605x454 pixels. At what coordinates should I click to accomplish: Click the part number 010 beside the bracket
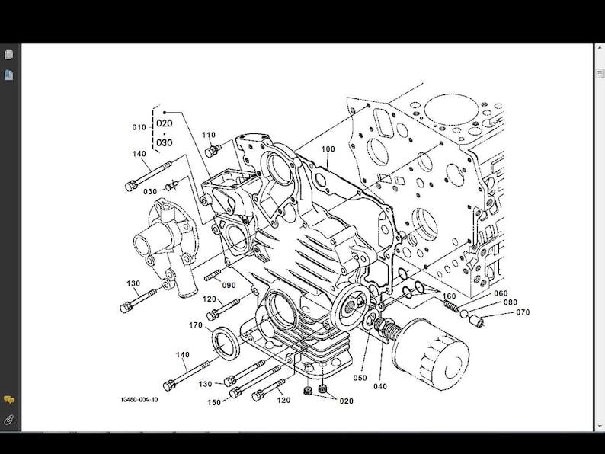click(x=139, y=127)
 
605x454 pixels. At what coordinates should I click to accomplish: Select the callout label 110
click(x=209, y=135)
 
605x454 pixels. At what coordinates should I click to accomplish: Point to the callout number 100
click(x=328, y=149)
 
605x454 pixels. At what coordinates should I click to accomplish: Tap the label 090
click(x=229, y=286)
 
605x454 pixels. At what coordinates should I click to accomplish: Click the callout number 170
click(x=197, y=325)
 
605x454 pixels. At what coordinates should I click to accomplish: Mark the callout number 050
click(x=360, y=378)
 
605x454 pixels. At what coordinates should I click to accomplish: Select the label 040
click(x=380, y=386)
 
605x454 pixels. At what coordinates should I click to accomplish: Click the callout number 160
click(x=450, y=296)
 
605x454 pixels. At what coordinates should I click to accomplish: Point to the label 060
click(x=501, y=293)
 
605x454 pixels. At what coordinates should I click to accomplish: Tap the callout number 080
click(x=511, y=302)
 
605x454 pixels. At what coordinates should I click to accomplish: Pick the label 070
click(x=523, y=312)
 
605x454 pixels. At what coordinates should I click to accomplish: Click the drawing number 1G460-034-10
click(x=139, y=400)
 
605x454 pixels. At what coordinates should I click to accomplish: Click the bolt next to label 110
click(x=216, y=149)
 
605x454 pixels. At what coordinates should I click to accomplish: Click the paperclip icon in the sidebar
click(x=8, y=420)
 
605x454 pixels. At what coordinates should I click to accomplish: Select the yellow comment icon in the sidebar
click(x=8, y=400)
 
